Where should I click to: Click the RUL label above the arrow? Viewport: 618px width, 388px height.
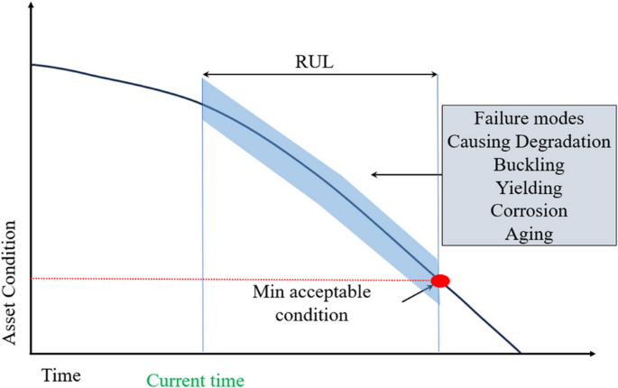[314, 61]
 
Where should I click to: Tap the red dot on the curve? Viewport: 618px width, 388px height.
[440, 281]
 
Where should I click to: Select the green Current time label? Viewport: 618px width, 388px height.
[196, 381]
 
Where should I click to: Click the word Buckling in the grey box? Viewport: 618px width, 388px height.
[529, 164]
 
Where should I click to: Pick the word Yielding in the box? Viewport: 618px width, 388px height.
[529, 188]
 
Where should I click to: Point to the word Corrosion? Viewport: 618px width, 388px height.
[529, 210]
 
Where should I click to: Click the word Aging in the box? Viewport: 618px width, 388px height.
[529, 234]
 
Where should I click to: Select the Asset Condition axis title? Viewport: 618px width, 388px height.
[9, 282]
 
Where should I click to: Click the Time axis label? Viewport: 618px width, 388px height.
[61, 375]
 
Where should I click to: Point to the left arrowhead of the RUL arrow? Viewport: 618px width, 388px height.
[206, 74]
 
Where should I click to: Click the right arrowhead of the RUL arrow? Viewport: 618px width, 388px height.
[434, 74]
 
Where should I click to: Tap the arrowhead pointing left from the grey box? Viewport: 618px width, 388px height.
[374, 174]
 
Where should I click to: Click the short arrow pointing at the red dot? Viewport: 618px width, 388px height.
[417, 294]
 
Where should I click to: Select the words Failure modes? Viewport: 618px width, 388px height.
[529, 118]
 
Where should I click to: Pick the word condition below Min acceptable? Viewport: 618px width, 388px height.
[312, 315]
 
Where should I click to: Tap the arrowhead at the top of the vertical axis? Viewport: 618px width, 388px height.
[32, 5]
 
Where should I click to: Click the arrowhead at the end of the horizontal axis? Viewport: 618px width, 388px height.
[592, 354]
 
